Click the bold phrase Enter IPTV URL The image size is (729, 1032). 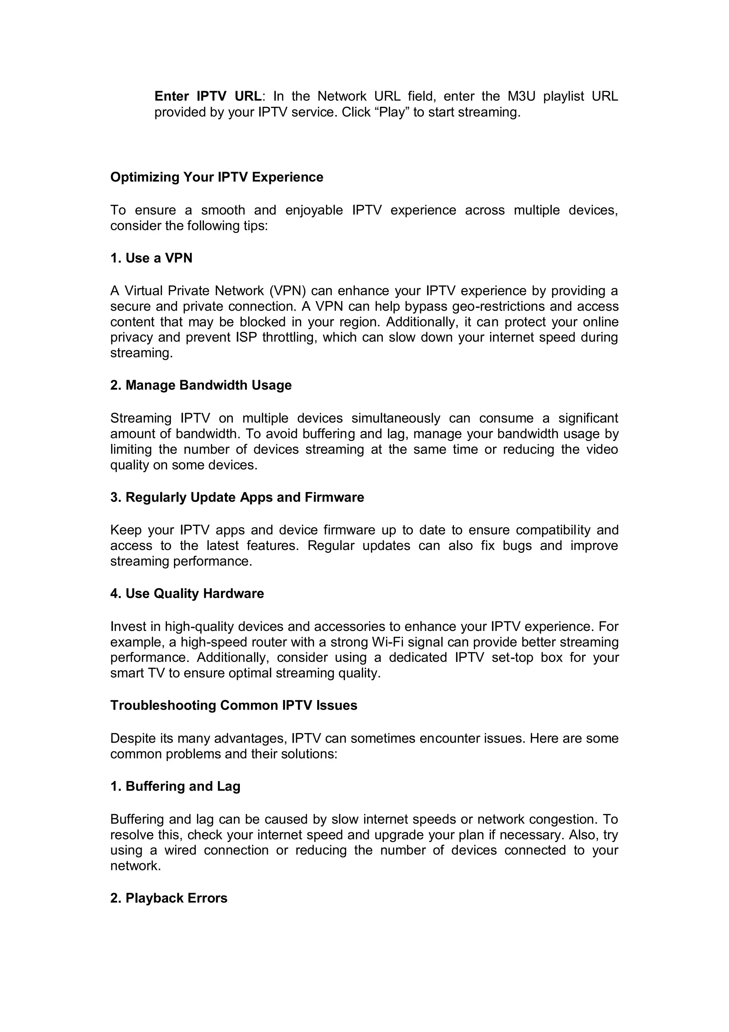(208, 96)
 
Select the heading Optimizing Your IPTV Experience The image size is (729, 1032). (216, 177)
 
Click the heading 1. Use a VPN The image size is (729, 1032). (151, 258)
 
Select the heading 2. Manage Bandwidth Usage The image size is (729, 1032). (201, 385)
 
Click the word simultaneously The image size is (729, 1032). (396, 419)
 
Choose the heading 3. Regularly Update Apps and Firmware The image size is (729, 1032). (237, 497)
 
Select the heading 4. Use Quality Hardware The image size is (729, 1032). (187, 593)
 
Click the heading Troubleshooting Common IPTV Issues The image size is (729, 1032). (234, 705)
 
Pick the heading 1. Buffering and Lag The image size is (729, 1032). (175, 786)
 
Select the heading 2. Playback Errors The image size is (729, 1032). (169, 898)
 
